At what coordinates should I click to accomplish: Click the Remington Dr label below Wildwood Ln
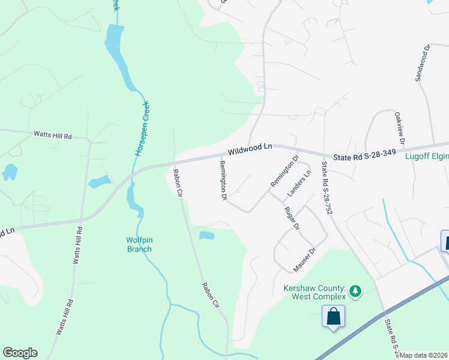pos(223,180)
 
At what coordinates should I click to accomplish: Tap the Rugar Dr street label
pos(293,218)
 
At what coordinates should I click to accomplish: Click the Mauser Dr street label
pos(304,259)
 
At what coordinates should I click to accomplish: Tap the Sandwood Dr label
pos(423,62)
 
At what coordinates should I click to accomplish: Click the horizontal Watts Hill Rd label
pos(52,135)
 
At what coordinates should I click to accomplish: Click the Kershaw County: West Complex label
pos(315,292)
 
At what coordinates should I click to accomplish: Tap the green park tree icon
pos(356,291)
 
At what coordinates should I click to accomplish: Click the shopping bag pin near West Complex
pos(333,316)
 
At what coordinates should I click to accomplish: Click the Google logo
pos(20,353)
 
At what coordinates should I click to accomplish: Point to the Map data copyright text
pos(423,355)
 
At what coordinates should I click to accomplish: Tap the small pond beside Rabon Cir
pos(206,235)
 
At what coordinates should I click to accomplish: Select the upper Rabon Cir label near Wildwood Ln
pos(177,182)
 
